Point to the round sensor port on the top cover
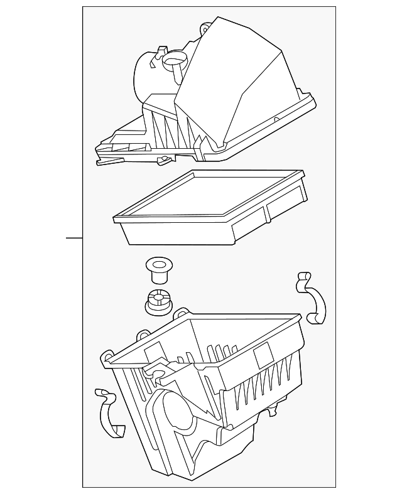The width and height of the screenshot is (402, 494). (x=173, y=62)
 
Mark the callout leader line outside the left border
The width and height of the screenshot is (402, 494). (x=74, y=238)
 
